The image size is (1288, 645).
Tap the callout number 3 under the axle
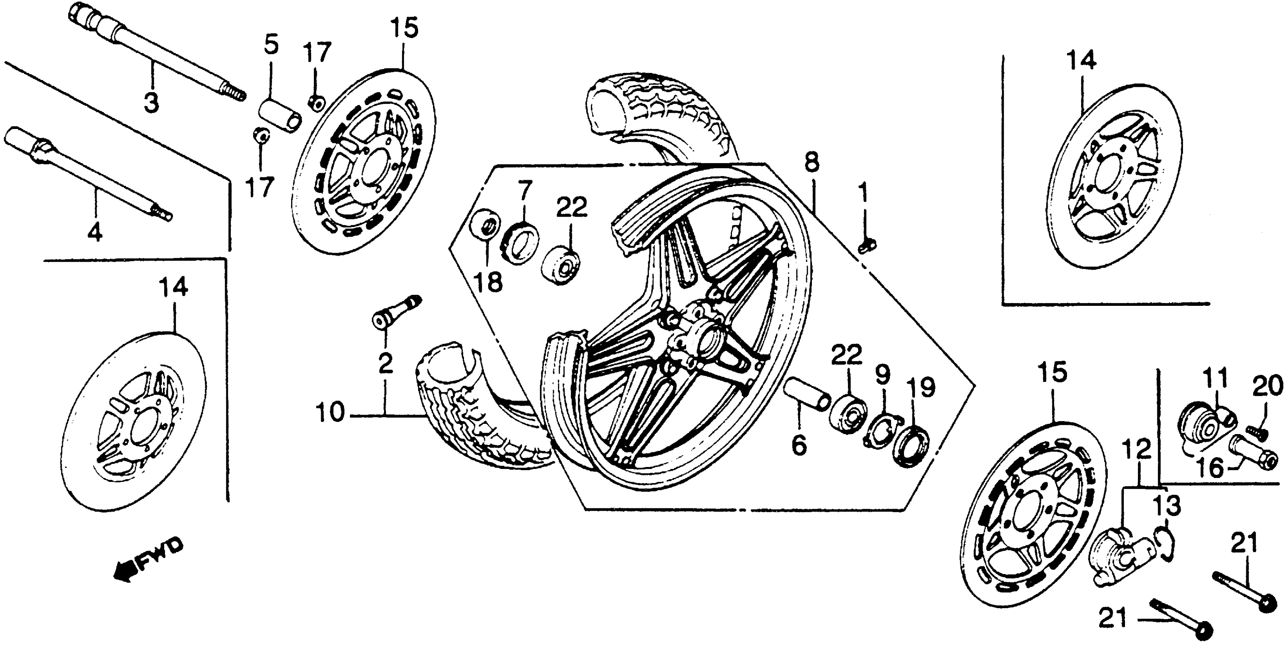click(150, 103)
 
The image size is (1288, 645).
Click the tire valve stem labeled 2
click(398, 311)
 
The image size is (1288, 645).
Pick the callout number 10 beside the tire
click(331, 414)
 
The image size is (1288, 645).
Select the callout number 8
click(812, 163)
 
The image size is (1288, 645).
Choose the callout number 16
click(1216, 469)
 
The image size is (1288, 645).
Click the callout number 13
click(1167, 507)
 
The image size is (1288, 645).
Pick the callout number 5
click(271, 46)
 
